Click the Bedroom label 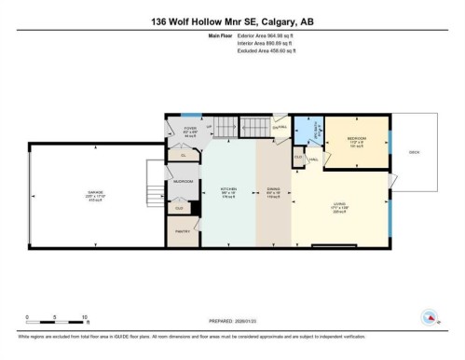click(356, 142)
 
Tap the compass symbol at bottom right click(430, 316)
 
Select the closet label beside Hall click(298, 158)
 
